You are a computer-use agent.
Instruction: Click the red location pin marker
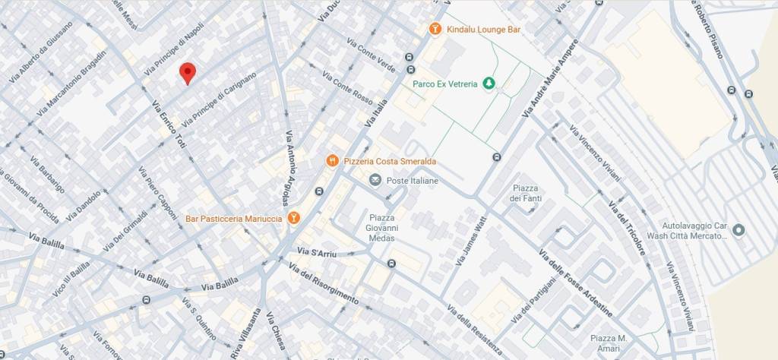[187, 73]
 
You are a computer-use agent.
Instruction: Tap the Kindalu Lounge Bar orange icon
[434, 29]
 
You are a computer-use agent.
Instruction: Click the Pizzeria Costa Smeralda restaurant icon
[332, 160]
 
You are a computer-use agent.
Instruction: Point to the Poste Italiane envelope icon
[375, 180]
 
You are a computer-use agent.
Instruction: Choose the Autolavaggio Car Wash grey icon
[738, 230]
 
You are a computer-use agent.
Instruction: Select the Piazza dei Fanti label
[525, 193]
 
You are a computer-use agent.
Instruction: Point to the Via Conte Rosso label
[347, 90]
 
